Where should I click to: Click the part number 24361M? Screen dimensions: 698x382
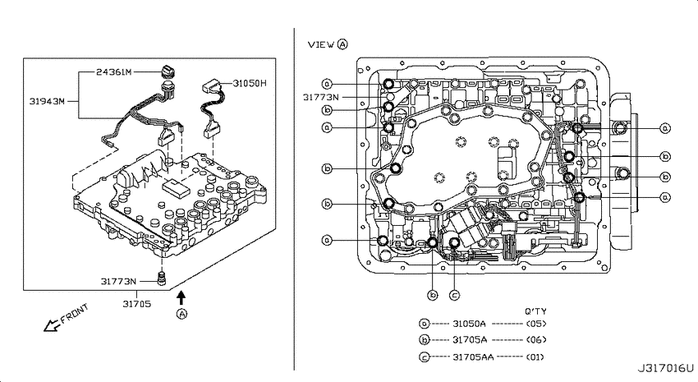114,71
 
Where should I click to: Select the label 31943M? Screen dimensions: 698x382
47,101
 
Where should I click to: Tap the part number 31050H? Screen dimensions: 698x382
250,83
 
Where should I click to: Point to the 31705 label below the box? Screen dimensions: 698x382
137,304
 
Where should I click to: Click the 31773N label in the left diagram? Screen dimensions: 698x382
118,282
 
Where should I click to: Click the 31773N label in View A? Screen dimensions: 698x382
320,97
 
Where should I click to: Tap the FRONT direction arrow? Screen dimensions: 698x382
52,326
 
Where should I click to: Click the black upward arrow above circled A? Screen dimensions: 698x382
181,297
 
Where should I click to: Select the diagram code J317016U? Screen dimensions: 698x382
666,369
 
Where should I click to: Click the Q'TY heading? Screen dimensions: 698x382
535,311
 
